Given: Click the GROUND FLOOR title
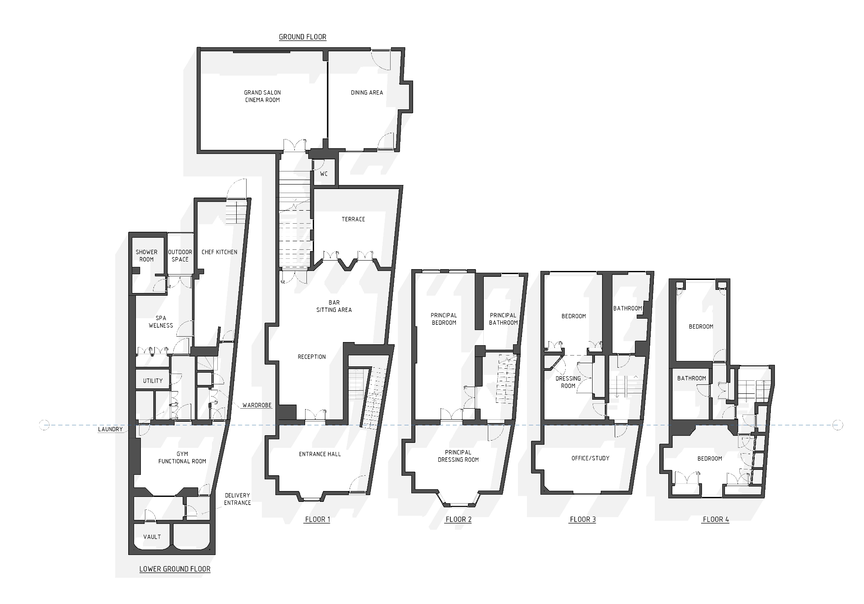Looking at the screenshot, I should click(302, 37).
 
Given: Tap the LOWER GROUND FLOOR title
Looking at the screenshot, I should click(175, 569).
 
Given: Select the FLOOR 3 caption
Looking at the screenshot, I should click(583, 519).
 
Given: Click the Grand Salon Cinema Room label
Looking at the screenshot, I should click(262, 96).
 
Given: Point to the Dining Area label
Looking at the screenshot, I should click(367, 93).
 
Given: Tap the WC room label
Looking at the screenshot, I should click(324, 174).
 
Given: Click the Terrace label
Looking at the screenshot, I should click(353, 219).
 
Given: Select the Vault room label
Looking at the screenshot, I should click(152, 537).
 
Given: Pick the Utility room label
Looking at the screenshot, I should click(153, 381).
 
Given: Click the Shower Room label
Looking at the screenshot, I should click(147, 256).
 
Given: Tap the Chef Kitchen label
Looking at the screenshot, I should click(219, 252).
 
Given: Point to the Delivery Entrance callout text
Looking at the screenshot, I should click(237, 499).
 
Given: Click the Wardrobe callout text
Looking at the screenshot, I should click(257, 406).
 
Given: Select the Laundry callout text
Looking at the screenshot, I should click(110, 429).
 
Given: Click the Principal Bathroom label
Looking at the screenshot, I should click(503, 319).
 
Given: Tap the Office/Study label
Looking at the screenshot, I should click(590, 458).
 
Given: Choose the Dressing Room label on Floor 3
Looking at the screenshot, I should click(568, 382).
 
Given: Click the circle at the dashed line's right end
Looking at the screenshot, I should click(837, 425).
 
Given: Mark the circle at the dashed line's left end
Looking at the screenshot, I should click(44, 425).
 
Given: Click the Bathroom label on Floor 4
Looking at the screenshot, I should click(692, 379).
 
